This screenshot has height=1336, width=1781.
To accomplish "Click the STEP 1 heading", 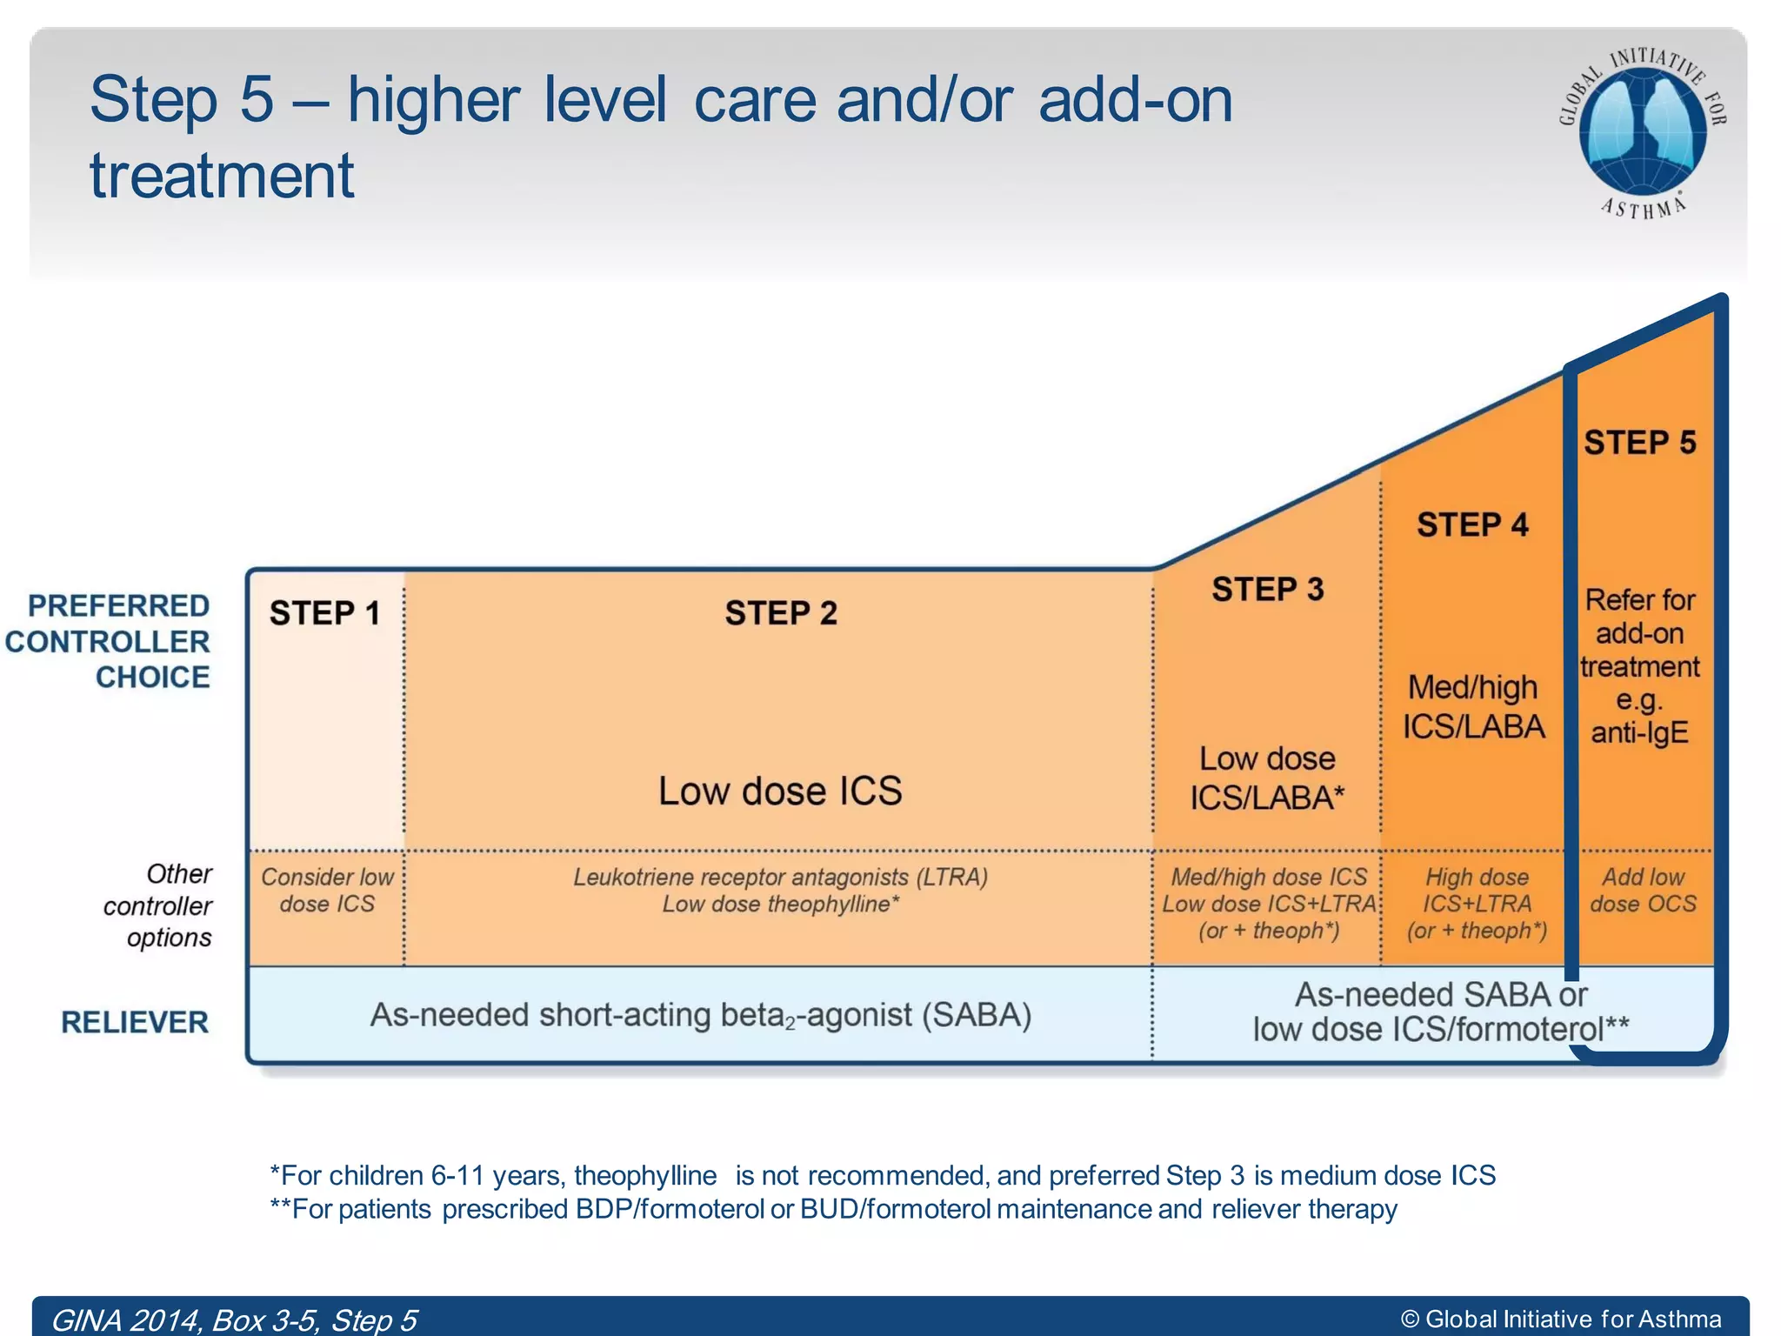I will point(324,613).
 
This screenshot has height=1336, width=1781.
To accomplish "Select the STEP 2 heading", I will point(781,613).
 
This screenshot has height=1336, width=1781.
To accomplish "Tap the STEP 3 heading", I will point(1268,590).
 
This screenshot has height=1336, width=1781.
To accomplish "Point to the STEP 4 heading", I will point(1472,525).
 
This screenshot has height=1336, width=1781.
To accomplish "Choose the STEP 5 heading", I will point(1640,443).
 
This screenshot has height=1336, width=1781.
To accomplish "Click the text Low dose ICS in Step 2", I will point(780,791).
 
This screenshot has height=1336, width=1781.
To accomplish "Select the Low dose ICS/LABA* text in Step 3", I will point(1267,778).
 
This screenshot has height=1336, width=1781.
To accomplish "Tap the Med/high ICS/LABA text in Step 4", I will point(1473,707).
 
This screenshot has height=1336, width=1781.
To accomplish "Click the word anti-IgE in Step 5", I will point(1639,732).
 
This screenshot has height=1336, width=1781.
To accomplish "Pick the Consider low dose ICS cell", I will point(327,891).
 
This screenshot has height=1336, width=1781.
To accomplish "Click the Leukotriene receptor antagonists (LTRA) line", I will point(780,877).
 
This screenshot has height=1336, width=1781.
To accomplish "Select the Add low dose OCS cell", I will point(1643,891).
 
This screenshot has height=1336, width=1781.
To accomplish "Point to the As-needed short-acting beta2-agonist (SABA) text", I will point(701,1015).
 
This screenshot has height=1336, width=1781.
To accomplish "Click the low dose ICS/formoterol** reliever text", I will point(1440,1030).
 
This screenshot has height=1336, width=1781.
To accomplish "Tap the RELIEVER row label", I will point(135,1022).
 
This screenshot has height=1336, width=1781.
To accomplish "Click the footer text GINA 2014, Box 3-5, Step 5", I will point(235,1319).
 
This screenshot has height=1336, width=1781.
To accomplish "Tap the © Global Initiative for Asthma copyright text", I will point(1561,1319).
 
